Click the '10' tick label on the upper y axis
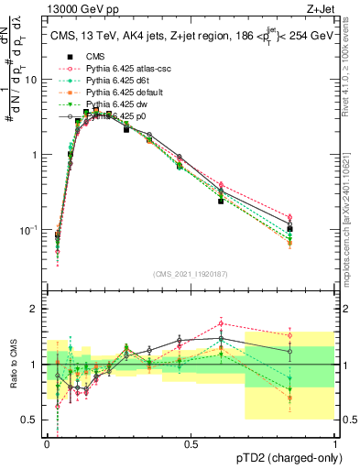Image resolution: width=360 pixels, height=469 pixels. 30,80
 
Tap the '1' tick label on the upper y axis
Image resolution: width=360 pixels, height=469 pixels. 34,155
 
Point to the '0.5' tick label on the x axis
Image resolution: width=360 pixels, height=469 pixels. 191,443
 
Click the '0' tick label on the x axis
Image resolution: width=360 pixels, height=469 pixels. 47,443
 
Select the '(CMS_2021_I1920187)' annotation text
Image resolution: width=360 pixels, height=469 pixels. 191,274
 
